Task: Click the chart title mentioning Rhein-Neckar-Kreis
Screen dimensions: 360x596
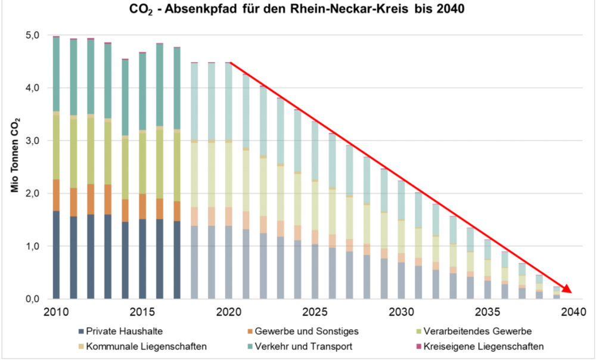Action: point(298,10)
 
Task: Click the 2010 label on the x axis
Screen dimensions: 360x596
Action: point(56,313)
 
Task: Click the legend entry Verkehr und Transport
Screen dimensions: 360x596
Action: point(302,346)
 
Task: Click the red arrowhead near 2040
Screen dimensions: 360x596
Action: point(567,288)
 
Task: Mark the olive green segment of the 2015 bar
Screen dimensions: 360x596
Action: point(142,162)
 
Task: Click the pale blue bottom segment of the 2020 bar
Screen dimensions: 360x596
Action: point(229,262)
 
